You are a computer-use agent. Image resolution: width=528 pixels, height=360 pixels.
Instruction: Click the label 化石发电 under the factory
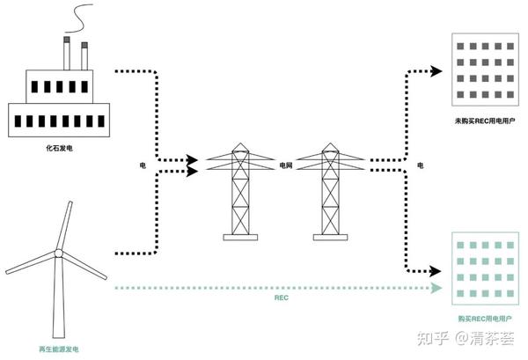(x=58, y=151)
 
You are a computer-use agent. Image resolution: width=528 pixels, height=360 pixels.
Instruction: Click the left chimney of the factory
(x=67, y=55)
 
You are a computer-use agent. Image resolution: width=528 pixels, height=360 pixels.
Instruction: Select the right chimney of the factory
(x=84, y=58)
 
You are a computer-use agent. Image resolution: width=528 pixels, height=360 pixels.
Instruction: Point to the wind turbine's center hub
(x=58, y=253)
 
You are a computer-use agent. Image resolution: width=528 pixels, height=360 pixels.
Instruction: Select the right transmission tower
(x=330, y=190)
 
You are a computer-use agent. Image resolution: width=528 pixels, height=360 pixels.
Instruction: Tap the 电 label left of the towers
(x=143, y=165)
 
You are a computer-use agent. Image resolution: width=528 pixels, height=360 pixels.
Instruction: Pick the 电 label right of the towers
(x=420, y=165)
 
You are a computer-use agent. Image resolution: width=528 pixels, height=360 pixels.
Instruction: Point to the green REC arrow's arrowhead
(x=437, y=288)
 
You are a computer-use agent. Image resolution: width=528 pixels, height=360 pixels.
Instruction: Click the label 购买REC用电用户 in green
(x=487, y=318)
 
